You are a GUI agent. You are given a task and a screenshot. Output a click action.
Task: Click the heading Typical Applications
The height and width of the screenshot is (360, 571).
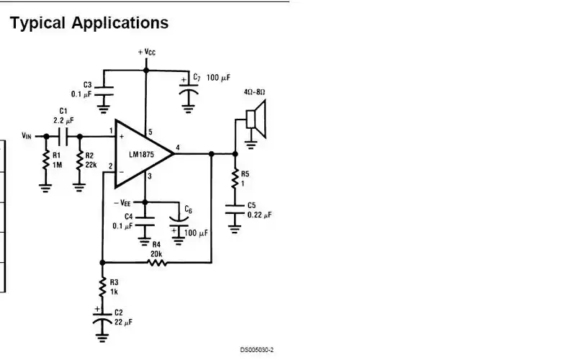pyautogui.click(x=89, y=23)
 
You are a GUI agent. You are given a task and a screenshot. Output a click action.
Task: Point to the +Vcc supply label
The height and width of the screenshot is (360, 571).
pyautogui.click(x=146, y=53)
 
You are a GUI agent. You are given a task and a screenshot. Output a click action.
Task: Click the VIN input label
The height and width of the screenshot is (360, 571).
pyautogui.click(x=26, y=135)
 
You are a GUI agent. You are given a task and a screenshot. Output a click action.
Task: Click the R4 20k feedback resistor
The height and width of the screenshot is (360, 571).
pyautogui.click(x=157, y=263)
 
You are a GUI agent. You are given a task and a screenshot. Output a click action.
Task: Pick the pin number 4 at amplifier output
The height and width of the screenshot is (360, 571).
pyautogui.click(x=178, y=147)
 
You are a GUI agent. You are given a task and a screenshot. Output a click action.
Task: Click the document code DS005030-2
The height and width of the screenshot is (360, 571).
pyautogui.click(x=257, y=350)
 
